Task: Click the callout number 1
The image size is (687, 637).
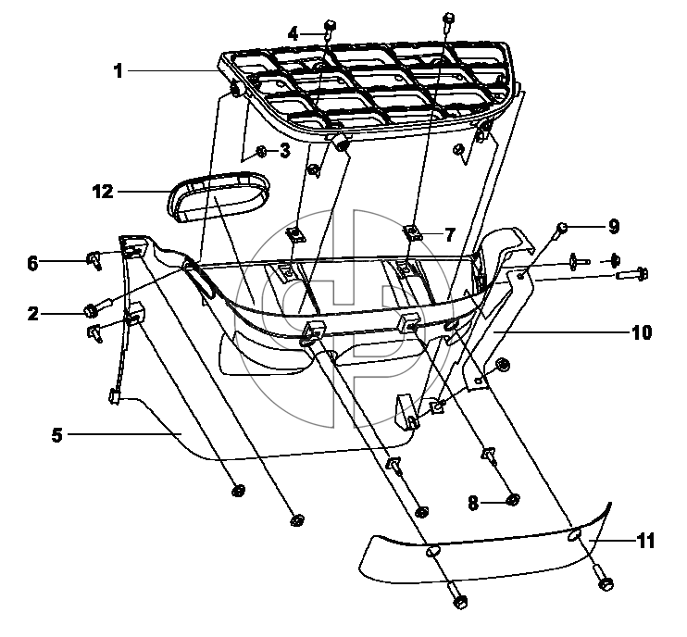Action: [118, 71]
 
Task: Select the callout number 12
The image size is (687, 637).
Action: [103, 192]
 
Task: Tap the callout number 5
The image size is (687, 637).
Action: [57, 435]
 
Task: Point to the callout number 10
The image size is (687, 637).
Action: [642, 333]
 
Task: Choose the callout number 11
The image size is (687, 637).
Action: [645, 541]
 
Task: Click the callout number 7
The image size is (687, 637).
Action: [450, 235]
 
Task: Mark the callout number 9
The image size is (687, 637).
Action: [614, 227]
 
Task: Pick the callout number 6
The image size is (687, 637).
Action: [32, 264]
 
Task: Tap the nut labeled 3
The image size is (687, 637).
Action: [261, 152]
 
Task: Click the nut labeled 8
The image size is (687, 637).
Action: [513, 499]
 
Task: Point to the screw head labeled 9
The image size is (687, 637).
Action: [562, 228]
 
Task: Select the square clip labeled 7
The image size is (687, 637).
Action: [412, 232]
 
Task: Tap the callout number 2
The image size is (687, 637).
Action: [32, 314]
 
